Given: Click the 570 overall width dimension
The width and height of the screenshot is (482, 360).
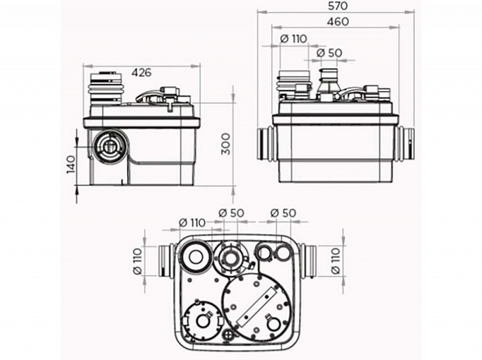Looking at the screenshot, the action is pyautogui.click(x=338, y=6).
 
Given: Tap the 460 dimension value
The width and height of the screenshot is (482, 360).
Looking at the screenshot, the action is pyautogui.click(x=338, y=22).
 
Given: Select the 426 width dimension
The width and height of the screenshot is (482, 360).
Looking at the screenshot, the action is pyautogui.click(x=142, y=72).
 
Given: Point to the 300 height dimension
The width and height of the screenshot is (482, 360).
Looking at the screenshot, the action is pyautogui.click(x=226, y=144).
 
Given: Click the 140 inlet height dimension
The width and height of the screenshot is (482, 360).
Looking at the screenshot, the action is pyautogui.click(x=71, y=164).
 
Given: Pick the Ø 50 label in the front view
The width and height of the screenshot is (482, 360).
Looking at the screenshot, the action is pyautogui.click(x=329, y=53).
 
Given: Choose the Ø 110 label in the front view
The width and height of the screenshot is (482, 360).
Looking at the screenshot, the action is pyautogui.click(x=294, y=39).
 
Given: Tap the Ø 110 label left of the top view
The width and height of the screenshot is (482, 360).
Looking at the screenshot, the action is pyautogui.click(x=137, y=261).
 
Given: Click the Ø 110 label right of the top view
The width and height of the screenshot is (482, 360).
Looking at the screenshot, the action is pyautogui.click(x=336, y=261).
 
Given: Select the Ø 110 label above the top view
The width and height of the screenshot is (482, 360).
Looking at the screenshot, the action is pyautogui.click(x=192, y=222).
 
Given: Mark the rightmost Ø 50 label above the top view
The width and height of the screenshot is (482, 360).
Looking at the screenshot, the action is pyautogui.click(x=283, y=213).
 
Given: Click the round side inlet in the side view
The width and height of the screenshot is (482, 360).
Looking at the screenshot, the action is pyautogui.click(x=109, y=147).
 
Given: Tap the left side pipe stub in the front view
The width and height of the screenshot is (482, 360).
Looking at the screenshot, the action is pyautogui.click(x=265, y=144).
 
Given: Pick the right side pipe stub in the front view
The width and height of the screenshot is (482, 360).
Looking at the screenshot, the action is pyautogui.click(x=405, y=144).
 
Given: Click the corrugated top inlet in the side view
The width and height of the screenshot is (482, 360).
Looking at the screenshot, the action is pyautogui.click(x=106, y=88).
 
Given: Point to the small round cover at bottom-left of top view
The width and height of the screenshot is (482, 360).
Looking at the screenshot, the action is pyautogui.click(x=202, y=320).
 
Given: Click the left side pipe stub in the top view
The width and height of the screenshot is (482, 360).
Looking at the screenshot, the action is pyautogui.click(x=166, y=261).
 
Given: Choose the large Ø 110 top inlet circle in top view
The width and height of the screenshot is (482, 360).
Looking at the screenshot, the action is pyautogui.click(x=195, y=258).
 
